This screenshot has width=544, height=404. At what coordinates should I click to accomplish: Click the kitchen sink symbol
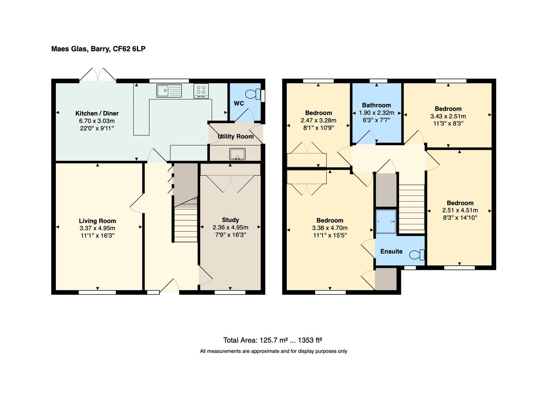coord(169,91)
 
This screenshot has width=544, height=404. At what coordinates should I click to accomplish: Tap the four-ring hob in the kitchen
coord(201,91)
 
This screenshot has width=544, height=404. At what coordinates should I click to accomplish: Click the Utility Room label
coord(236,137)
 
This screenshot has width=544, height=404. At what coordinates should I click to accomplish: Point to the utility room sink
coord(238,154)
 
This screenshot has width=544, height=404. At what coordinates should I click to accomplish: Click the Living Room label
coord(97,221)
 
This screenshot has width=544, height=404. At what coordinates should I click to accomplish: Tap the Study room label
coord(230,220)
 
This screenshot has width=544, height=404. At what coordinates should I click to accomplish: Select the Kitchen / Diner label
coord(97,113)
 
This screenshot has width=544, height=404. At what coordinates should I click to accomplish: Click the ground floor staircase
coord(185,225)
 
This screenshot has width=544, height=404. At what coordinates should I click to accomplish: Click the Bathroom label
coord(376,105)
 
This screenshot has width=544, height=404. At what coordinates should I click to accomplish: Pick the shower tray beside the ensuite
coord(386,221)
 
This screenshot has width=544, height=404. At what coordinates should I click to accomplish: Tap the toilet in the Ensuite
coord(417,255)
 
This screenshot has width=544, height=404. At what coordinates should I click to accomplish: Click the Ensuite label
coord(391,251)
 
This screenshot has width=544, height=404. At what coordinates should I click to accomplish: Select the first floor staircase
coord(412,208)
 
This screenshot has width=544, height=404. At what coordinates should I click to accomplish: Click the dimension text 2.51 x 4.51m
coord(460,210)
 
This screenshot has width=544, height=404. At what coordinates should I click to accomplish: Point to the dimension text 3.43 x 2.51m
coord(448,116)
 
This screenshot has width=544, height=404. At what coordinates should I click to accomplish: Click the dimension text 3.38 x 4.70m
coord(330,228)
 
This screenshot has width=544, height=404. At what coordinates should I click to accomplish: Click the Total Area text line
coord(272,340)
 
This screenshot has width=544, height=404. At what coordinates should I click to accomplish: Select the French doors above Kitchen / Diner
coord(98,74)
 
